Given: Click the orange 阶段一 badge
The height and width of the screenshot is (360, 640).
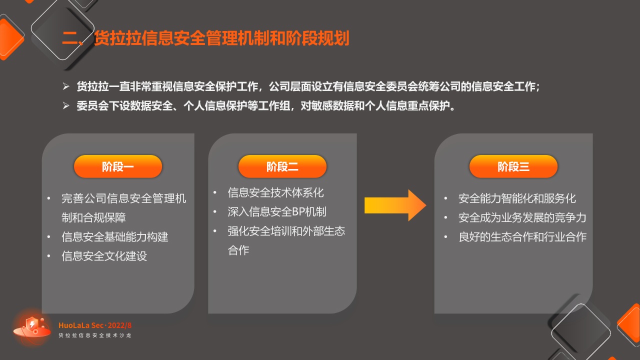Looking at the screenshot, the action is (118, 166).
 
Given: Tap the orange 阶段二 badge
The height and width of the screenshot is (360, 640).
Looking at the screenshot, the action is (282, 166).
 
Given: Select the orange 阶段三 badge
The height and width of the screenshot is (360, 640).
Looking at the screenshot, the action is (513, 166).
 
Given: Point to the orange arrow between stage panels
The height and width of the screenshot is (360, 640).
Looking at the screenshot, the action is (395, 205).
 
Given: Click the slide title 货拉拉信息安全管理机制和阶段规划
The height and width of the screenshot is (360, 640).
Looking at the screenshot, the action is (221, 38).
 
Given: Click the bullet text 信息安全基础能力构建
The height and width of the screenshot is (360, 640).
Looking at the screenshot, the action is (115, 237).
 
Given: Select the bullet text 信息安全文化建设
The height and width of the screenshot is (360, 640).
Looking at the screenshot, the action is (104, 256).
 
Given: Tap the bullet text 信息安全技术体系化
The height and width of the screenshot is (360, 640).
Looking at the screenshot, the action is (275, 192).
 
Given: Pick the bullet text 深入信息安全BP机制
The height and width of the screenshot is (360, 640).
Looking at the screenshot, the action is (277, 211).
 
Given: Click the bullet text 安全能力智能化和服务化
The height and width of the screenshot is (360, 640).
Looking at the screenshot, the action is (517, 198).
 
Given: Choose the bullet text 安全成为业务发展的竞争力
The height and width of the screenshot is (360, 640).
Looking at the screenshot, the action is (522, 217).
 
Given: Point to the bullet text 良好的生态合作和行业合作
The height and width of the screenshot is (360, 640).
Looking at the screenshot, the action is (522, 237).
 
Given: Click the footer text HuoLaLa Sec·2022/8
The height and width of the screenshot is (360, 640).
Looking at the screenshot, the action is (95, 325).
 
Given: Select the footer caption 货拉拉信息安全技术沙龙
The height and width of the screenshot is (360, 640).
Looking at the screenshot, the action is (95, 335).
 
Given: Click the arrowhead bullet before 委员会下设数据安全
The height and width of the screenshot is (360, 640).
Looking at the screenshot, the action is (66, 105).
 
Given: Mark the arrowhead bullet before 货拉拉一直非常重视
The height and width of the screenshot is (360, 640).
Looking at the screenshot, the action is (66, 86).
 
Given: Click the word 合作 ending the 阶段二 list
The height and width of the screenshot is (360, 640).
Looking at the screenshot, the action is (238, 250).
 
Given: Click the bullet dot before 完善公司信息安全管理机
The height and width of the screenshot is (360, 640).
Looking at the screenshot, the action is (49, 198).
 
